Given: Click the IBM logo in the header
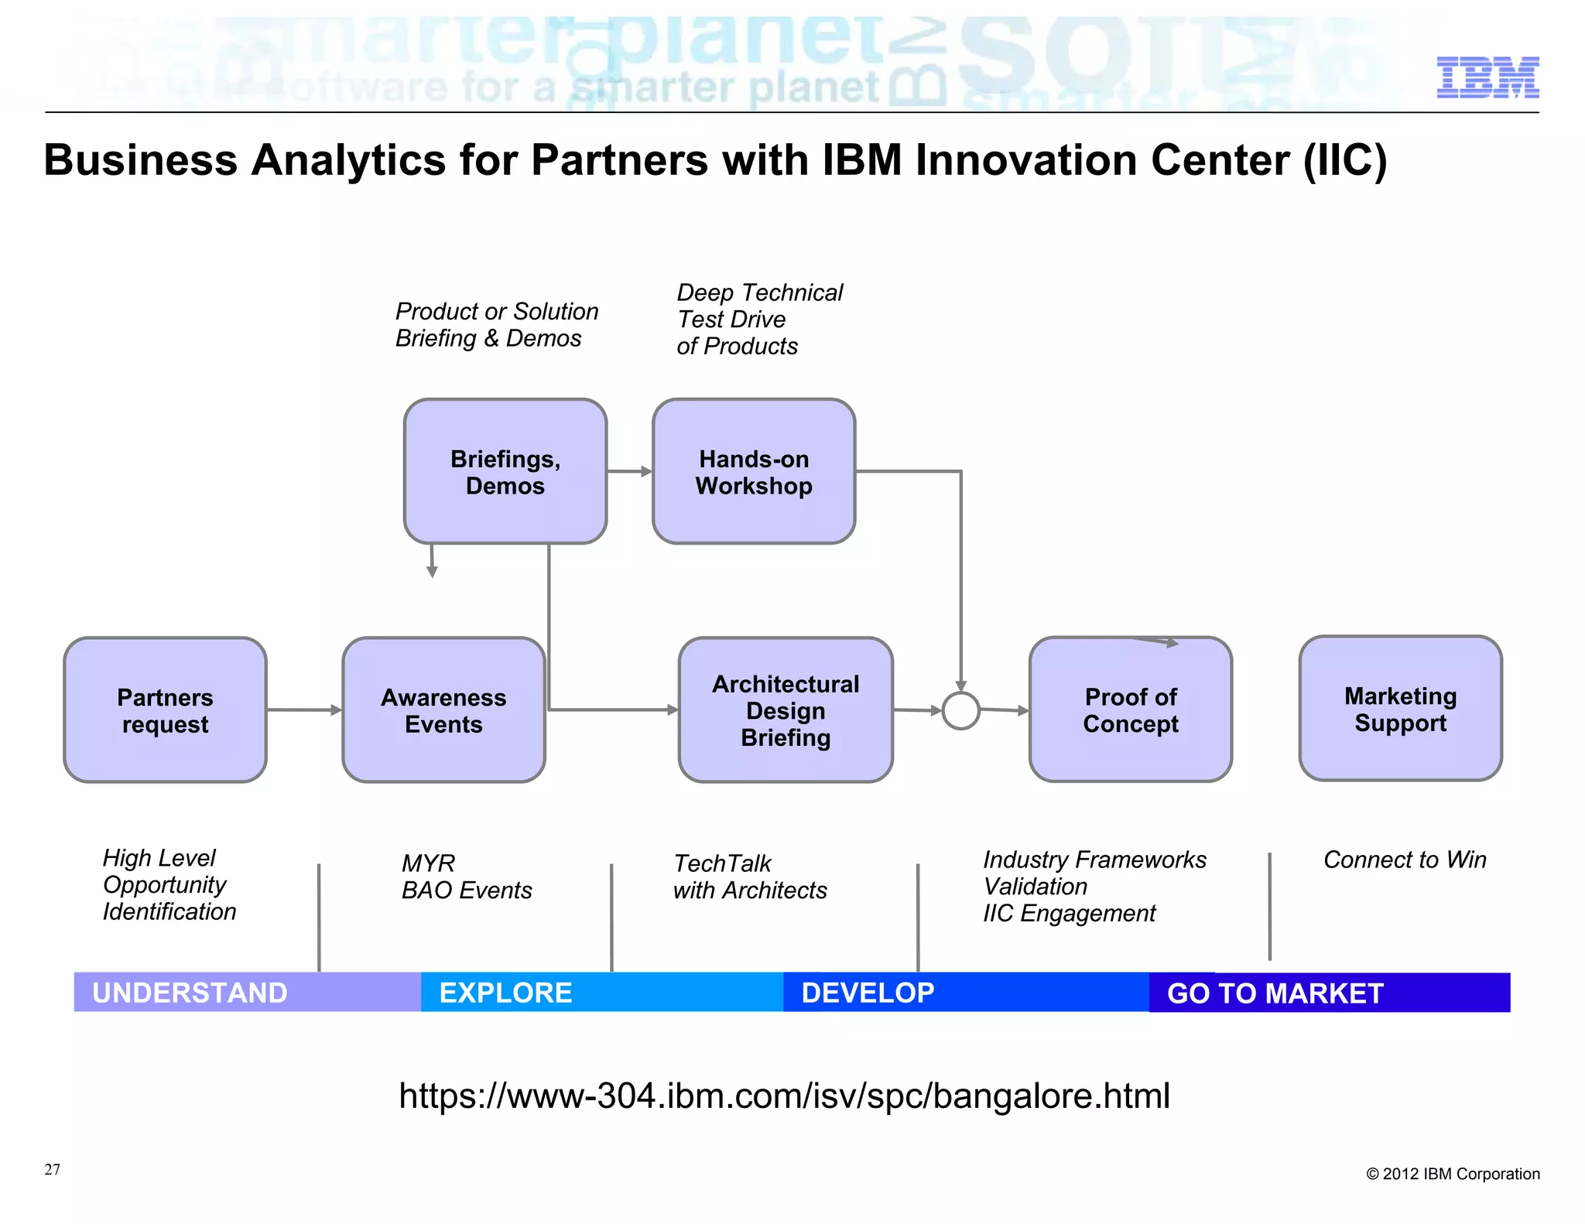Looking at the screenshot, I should point(1487,77).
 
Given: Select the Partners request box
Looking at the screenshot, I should point(165,709).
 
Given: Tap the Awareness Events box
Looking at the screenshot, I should point(443,709).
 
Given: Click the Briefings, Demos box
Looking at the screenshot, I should point(505,471).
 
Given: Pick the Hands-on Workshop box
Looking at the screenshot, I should point(753,471).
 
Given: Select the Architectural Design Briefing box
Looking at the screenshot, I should point(785,709).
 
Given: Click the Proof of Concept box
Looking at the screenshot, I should point(1130,709).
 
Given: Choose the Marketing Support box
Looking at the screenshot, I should point(1399,708).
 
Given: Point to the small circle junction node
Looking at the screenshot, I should point(960,710).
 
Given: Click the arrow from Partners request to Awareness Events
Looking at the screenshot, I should point(304,709).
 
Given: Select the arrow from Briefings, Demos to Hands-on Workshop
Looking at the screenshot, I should point(629,470).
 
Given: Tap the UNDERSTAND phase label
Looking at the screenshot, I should point(190,993).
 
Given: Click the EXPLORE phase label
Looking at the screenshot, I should point(505,993).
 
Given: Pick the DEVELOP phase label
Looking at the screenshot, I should point(868,993).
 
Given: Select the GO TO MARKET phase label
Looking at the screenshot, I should point(1275,993).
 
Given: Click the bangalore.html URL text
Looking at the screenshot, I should point(784,1096).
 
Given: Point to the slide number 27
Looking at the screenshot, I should point(52,1169).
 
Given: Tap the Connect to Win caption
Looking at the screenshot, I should point(1404,860).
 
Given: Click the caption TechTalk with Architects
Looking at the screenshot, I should point(749,877).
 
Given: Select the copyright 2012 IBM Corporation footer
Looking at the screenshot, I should point(1452,1174).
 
